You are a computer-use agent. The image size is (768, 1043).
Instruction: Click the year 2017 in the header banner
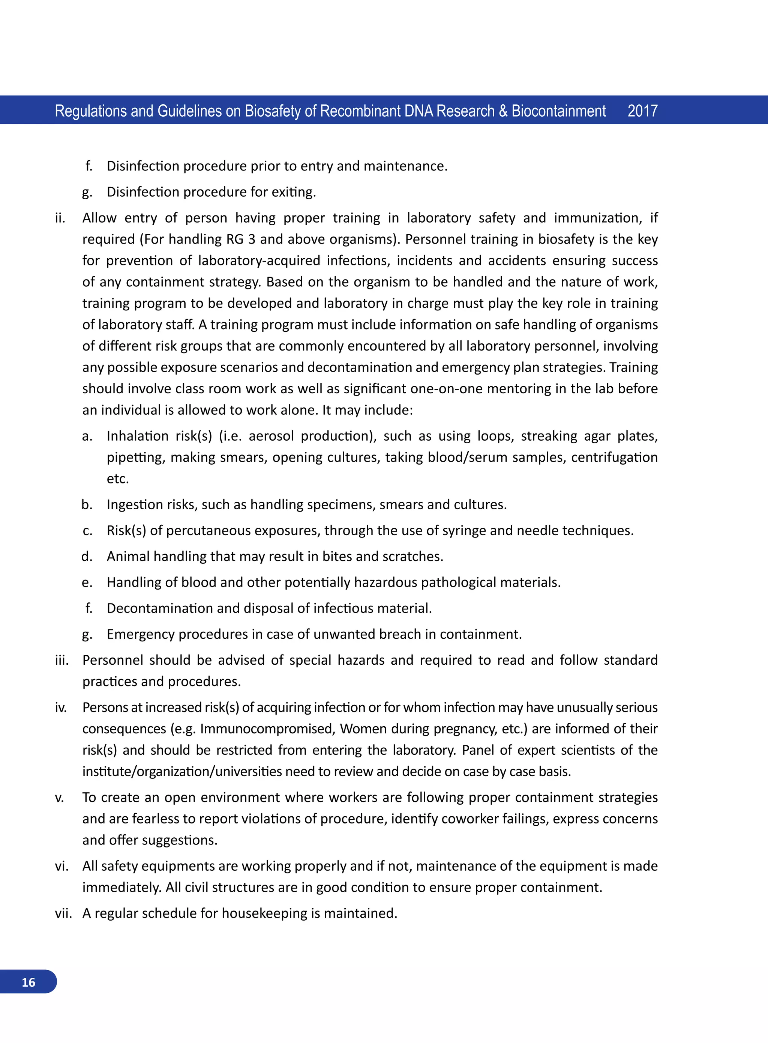coord(642,111)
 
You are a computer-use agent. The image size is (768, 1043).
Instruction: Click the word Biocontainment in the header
coord(558,111)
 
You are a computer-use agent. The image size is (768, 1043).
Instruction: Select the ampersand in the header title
coord(502,111)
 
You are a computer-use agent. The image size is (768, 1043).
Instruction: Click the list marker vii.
coord(63,913)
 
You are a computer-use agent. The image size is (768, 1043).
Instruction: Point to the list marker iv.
coord(61,707)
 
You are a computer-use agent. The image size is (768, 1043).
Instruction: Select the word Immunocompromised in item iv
coord(267,728)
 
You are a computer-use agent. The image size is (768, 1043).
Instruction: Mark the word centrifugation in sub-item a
coord(614,457)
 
